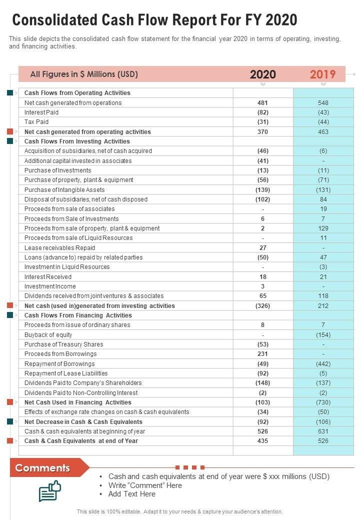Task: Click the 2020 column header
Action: [262, 74]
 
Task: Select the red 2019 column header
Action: [322, 74]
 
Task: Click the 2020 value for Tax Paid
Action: [263, 122]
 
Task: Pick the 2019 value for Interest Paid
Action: [323, 112]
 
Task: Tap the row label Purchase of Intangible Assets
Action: [64, 190]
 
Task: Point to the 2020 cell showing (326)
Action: [263, 305]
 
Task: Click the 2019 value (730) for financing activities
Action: [323, 402]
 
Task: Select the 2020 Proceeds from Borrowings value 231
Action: [263, 354]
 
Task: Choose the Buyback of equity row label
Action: [48, 335]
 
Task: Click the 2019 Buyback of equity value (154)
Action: [323, 335]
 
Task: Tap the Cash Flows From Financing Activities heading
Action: [78, 315]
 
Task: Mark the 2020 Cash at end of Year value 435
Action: [263, 441]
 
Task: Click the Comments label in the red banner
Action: [42, 468]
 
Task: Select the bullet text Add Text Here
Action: [132, 494]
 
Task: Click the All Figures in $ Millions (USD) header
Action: [84, 74]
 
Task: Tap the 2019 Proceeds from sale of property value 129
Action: [323, 228]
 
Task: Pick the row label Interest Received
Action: [48, 277]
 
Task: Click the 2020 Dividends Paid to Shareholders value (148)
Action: [263, 383]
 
